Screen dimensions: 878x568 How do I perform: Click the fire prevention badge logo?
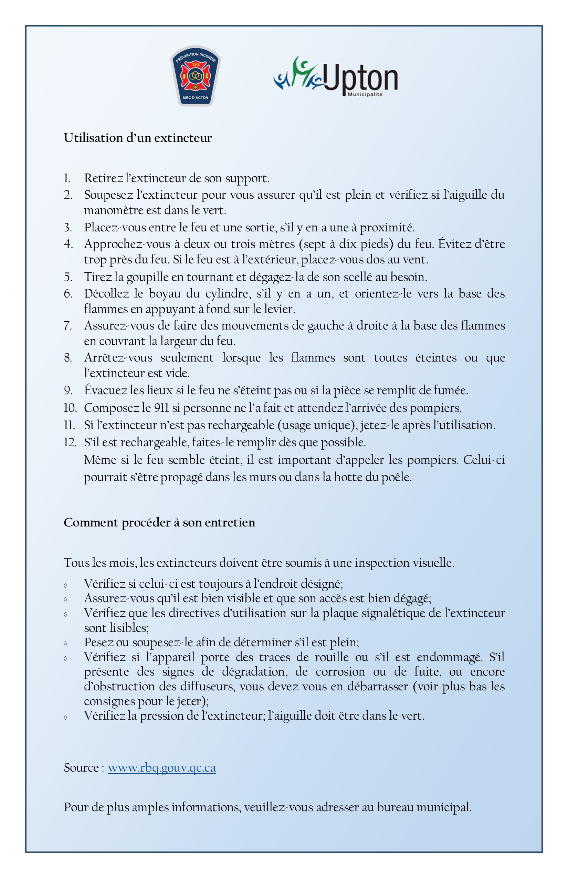coord(195,76)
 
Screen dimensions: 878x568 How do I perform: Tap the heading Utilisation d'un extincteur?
coord(138,138)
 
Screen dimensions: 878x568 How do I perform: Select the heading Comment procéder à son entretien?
coord(159,523)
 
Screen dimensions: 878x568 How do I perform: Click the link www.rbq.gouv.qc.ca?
coord(161,768)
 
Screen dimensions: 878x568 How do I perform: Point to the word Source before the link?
coord(81,768)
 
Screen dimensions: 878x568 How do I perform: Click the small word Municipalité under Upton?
coord(365,94)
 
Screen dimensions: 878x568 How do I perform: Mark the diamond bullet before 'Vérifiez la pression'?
coord(66,717)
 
